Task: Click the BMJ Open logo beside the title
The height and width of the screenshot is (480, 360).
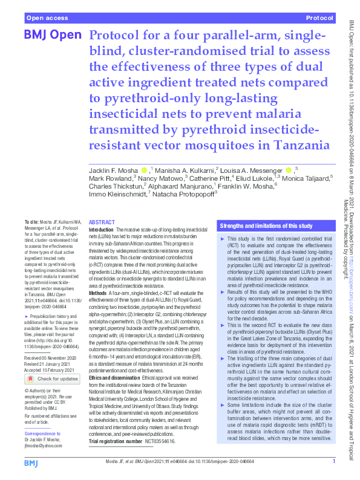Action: (51, 36)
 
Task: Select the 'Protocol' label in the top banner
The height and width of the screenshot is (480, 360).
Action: (321, 19)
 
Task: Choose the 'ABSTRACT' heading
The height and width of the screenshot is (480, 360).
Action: (102, 222)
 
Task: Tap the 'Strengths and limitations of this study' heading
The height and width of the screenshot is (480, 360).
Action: (266, 225)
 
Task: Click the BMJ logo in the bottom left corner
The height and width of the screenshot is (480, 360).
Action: (31, 462)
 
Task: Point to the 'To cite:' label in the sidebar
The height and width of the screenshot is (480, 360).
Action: (29, 222)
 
